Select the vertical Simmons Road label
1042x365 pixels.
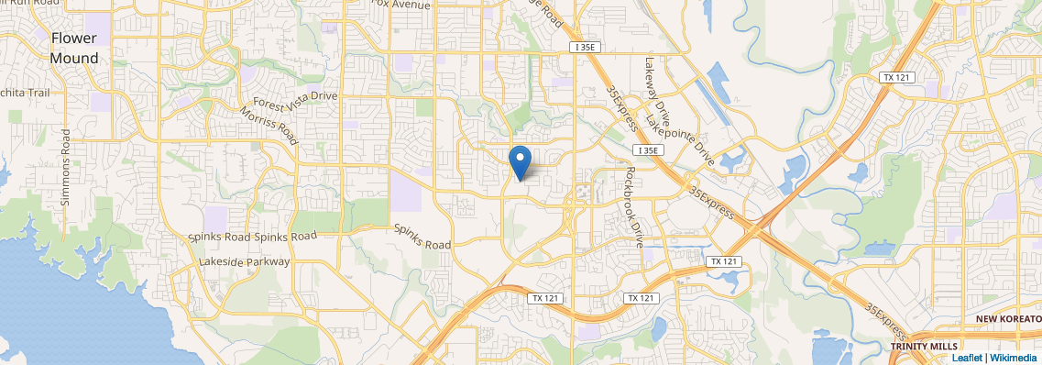point(66,167)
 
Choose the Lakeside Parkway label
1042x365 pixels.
point(244,261)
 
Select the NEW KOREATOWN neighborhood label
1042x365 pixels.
point(1007,318)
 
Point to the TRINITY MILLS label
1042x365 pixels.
point(923,346)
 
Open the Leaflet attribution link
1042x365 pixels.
point(966,358)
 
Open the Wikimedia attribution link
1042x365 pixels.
point(1014,358)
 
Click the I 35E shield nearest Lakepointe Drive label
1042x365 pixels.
point(647,150)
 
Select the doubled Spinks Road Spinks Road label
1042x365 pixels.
point(252,237)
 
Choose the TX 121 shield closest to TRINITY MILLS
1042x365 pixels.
point(724,262)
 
